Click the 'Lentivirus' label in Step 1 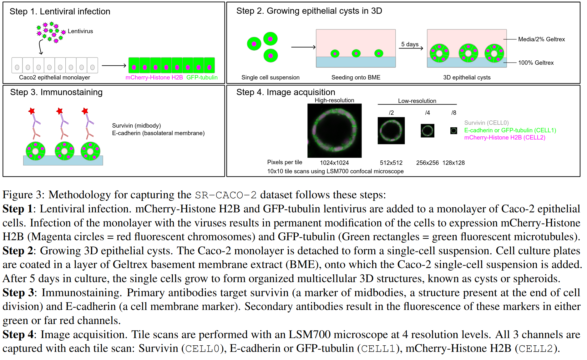coord(80,31)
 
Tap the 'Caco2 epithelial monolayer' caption coord(54,78)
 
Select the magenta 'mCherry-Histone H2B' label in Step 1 coord(154,78)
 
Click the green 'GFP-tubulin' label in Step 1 coord(202,78)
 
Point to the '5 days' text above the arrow coord(410,44)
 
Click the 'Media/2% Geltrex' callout coord(541,39)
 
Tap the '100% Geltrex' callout coord(536,63)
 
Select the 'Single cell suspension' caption coord(270,78)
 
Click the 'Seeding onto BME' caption coord(356,78)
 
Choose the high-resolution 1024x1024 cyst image coord(334,131)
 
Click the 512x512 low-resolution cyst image coord(391,131)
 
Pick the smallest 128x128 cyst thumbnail coord(453,131)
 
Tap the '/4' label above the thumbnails coord(427,113)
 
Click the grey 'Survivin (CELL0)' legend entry coord(486,123)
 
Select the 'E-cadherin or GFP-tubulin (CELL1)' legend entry coord(510,130)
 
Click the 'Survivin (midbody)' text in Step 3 coord(136,126)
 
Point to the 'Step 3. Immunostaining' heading coord(56,92)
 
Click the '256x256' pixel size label coord(427,163)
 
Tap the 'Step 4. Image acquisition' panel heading coord(286,92)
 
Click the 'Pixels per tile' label coord(285,162)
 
